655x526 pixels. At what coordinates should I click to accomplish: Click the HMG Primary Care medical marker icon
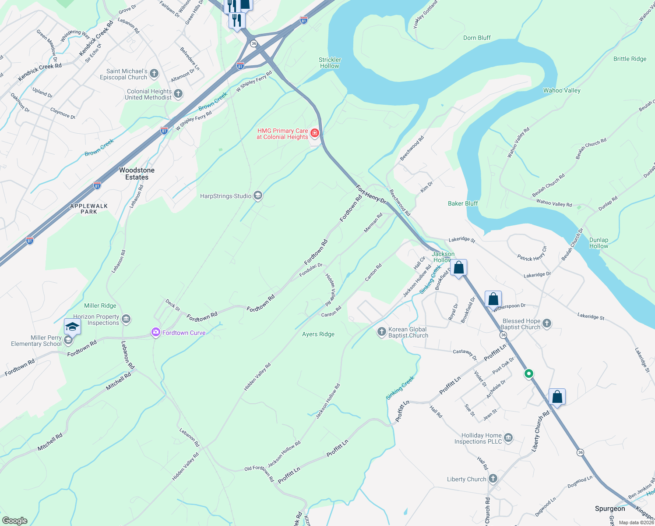click(314, 133)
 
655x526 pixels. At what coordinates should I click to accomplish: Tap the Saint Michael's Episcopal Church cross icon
click(154, 74)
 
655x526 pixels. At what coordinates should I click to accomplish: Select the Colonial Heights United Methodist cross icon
click(178, 93)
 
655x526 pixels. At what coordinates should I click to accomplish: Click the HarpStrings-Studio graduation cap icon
click(258, 195)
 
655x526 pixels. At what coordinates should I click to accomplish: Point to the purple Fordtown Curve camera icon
click(155, 333)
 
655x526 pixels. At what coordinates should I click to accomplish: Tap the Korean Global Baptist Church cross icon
click(381, 331)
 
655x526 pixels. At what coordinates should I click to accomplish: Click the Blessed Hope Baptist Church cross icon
click(546, 323)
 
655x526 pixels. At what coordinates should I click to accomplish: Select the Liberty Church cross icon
click(493, 479)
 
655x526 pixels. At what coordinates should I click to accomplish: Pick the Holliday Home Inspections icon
click(508, 437)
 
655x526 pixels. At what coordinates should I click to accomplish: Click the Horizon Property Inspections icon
click(126, 319)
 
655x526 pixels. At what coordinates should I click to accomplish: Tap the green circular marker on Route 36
click(528, 374)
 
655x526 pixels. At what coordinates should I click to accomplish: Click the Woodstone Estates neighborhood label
click(137, 174)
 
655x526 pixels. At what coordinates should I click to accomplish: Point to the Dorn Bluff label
click(477, 38)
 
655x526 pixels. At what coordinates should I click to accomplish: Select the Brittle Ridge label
click(630, 59)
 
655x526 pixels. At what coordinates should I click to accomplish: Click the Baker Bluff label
click(463, 203)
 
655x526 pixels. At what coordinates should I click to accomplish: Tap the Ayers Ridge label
click(318, 334)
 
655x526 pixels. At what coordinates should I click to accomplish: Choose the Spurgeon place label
click(610, 508)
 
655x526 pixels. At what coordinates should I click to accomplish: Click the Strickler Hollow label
click(330, 63)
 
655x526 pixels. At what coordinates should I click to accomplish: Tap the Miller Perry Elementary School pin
click(72, 327)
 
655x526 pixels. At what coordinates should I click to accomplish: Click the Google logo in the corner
click(14, 521)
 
